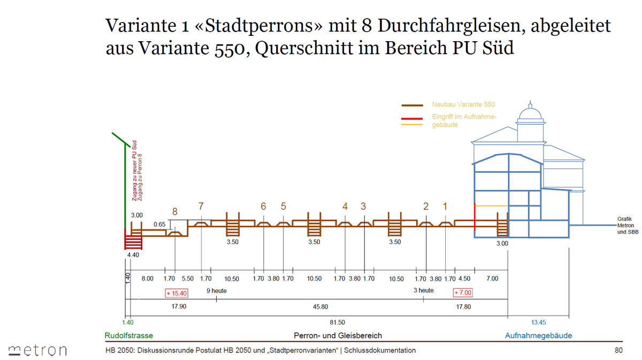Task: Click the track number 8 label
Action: (x=175, y=212)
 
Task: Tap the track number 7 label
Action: (x=201, y=206)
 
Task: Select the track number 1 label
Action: (x=445, y=206)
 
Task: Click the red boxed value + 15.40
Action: (x=176, y=293)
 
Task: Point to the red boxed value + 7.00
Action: (x=463, y=293)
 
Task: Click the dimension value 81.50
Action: (x=338, y=323)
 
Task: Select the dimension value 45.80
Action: (x=320, y=307)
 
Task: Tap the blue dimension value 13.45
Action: (x=538, y=323)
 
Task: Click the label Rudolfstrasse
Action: (x=128, y=336)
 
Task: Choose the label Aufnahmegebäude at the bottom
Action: (x=538, y=336)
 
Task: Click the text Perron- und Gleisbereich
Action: (x=338, y=336)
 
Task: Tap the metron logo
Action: (x=37, y=350)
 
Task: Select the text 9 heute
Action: (x=216, y=290)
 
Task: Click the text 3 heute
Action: (x=424, y=290)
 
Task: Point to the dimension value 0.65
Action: (x=159, y=225)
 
